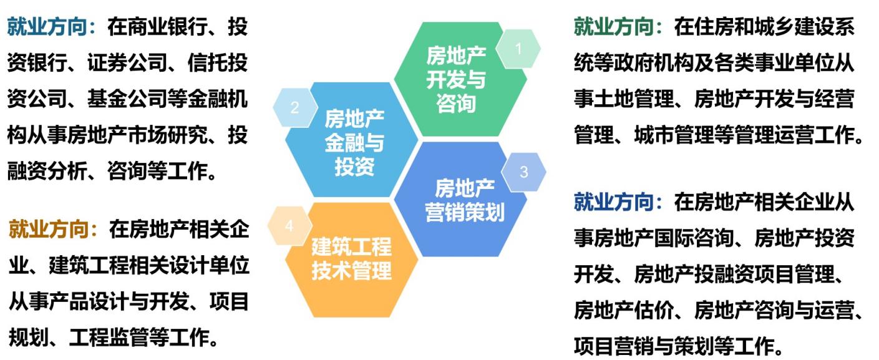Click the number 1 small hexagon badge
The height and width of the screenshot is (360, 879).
click(x=518, y=49)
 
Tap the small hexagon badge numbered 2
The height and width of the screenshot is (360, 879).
click(x=295, y=107)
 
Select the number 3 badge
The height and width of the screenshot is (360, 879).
click(x=523, y=172)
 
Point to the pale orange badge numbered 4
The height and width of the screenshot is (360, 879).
click(x=289, y=226)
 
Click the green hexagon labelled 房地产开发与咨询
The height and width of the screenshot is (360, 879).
click(x=460, y=79)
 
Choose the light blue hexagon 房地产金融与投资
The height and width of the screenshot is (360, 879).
click(x=352, y=140)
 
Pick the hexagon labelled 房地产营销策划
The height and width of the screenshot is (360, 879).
click(x=460, y=200)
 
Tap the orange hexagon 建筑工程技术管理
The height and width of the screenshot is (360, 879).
click(x=352, y=260)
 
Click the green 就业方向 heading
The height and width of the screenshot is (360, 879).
click(x=613, y=27)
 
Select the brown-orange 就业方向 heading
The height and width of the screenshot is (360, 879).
click(x=49, y=229)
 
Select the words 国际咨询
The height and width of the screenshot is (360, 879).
click(x=693, y=238)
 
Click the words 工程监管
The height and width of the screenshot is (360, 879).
click(x=109, y=338)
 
